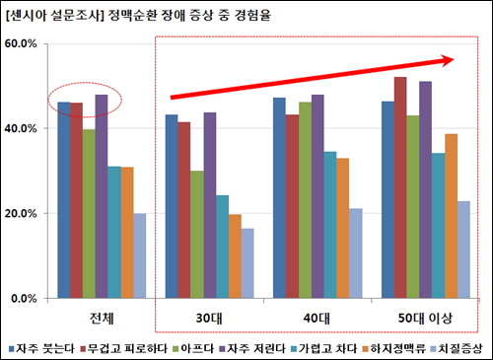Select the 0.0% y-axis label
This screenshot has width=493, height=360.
point(23,297)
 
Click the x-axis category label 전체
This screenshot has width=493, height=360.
point(102,317)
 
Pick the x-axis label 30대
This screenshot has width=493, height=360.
point(208,317)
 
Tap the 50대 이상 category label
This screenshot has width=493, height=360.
point(420,317)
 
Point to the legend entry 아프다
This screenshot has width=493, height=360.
point(189,348)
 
